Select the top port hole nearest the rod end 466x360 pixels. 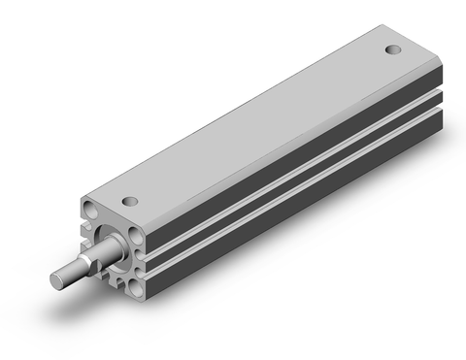[129, 202]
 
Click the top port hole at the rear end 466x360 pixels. [392, 49]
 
